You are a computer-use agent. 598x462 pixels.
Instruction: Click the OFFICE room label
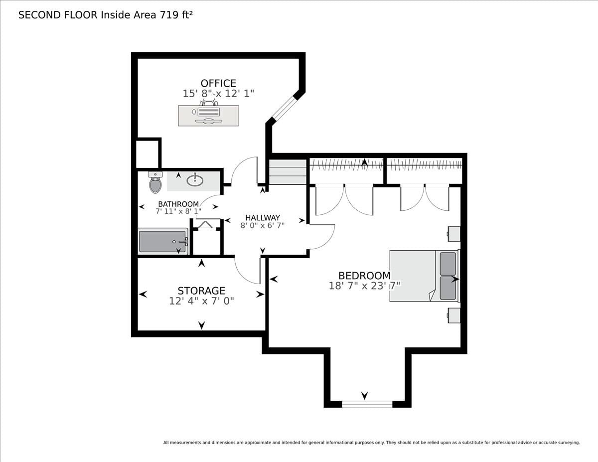[218, 83]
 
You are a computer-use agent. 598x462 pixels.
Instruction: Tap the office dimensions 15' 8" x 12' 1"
[218, 94]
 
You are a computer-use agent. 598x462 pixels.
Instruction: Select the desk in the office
[208, 116]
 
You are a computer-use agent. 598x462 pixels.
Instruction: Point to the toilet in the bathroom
[155, 182]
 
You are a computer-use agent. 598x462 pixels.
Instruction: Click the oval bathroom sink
[195, 180]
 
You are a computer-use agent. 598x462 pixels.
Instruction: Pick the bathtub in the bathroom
[163, 241]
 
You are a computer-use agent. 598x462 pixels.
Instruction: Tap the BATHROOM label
[178, 204]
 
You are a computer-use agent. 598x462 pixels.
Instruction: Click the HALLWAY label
[263, 218]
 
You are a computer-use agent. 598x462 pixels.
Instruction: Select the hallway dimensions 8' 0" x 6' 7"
[263, 226]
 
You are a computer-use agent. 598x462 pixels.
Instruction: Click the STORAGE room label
[201, 291]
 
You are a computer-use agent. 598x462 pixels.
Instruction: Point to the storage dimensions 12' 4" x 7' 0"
[201, 301]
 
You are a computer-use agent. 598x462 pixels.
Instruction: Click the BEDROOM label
[364, 276]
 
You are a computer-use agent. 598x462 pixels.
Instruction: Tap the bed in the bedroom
[425, 276]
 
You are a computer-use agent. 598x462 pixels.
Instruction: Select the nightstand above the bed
[454, 234]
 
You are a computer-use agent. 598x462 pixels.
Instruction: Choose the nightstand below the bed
[454, 315]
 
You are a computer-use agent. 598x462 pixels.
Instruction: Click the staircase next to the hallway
[288, 172]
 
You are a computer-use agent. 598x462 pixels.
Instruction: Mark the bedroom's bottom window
[367, 404]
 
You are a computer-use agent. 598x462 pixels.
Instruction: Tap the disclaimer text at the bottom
[372, 443]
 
